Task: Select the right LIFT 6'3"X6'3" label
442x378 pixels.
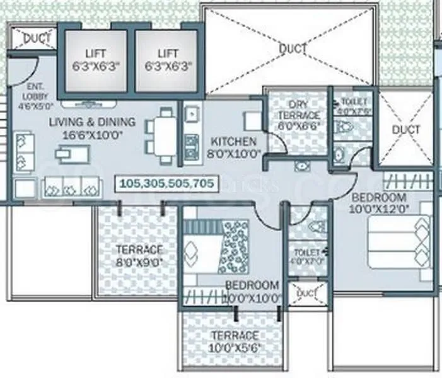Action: (x=167, y=59)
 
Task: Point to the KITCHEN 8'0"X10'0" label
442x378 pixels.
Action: (x=233, y=147)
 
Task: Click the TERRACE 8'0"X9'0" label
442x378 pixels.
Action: (x=138, y=255)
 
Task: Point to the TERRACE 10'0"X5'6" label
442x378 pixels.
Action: (x=235, y=341)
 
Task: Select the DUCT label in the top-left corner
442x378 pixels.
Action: (x=35, y=38)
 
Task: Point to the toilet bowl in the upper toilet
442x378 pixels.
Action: (x=344, y=127)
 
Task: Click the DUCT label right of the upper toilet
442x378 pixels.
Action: (x=405, y=130)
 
